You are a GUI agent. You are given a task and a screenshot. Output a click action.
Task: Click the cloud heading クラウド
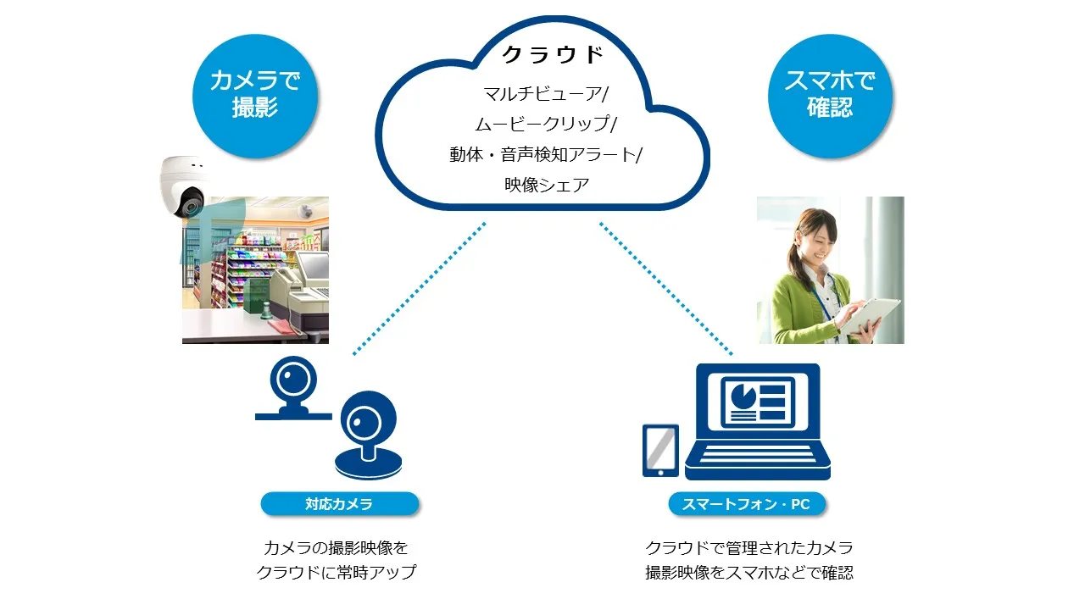point(553,54)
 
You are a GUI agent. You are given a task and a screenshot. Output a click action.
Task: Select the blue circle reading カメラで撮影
point(255,96)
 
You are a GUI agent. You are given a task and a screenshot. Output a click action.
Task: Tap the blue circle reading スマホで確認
point(830,96)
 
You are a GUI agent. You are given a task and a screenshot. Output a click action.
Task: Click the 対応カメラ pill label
point(340,504)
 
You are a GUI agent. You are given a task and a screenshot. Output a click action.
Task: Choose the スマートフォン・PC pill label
point(747,504)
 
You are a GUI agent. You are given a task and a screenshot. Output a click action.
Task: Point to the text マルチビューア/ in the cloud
point(546,93)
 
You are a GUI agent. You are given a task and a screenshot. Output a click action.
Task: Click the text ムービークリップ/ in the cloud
point(546,124)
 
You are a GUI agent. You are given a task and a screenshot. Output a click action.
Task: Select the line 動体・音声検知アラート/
point(546,154)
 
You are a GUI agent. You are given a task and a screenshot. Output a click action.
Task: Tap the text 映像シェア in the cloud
point(547,185)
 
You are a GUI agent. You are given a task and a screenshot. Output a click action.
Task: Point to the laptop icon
point(758,421)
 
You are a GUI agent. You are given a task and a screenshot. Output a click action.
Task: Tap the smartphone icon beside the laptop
point(660,451)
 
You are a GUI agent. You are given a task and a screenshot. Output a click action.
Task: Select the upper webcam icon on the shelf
point(293,388)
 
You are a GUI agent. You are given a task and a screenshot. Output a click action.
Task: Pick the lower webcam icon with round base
point(369,435)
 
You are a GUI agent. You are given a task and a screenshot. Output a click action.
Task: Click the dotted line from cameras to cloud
point(420,289)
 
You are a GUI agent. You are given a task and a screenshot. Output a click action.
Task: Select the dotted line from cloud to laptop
point(666,289)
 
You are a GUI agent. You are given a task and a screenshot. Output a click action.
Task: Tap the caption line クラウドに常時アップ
point(337,572)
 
